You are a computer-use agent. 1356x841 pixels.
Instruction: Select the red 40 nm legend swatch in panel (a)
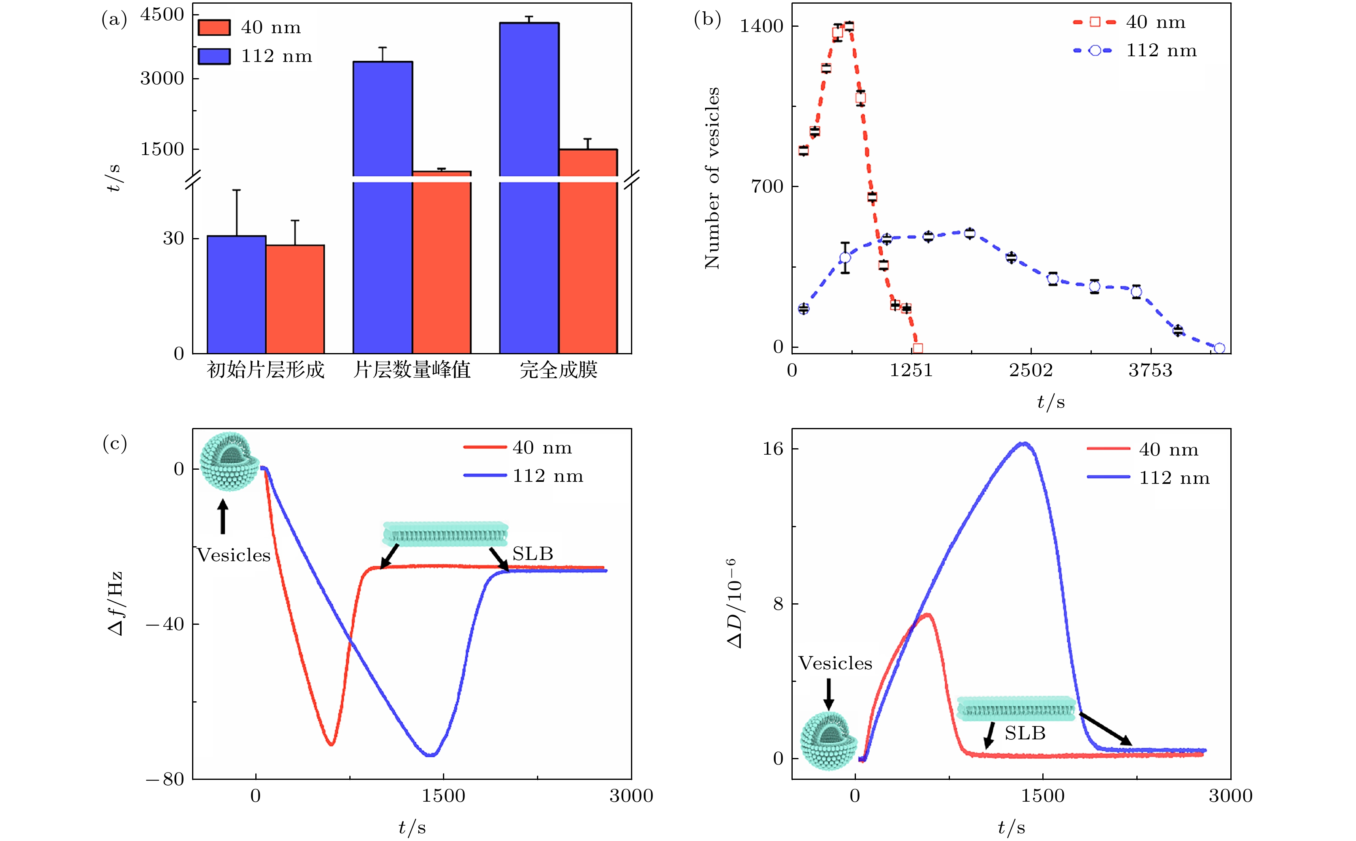point(214,27)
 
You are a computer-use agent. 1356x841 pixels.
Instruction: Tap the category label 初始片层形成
point(265,370)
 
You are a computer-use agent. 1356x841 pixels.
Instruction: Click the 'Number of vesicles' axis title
point(712,178)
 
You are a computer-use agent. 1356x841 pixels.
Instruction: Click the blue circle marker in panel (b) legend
point(1094,51)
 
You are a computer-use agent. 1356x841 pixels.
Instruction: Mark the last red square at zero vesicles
point(918,348)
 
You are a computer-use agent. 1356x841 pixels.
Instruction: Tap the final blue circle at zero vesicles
point(1219,348)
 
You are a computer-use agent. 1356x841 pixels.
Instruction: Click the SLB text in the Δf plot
point(533,554)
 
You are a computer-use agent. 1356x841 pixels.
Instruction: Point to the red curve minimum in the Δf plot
point(331,744)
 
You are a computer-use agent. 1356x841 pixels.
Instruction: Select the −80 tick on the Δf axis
point(165,779)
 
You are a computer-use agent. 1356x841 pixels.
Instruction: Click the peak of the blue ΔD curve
point(1023,443)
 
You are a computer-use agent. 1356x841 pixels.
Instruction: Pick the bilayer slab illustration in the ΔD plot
point(1016,709)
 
